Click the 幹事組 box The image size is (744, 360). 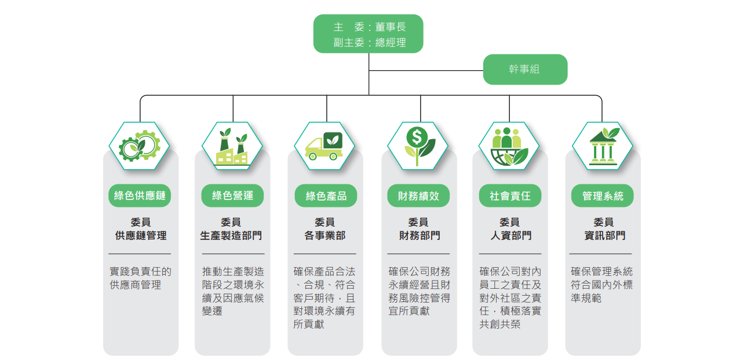(x=525, y=70)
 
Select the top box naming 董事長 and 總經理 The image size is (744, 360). (x=369, y=34)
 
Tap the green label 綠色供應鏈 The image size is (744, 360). (x=140, y=196)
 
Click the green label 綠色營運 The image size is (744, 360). (x=232, y=196)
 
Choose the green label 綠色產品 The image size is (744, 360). (x=326, y=196)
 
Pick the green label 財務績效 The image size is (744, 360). (x=418, y=196)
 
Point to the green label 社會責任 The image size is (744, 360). (x=510, y=196)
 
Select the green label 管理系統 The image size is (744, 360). (x=603, y=196)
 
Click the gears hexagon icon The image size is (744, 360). (x=140, y=146)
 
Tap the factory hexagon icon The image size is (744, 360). (x=232, y=146)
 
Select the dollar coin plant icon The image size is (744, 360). (x=418, y=146)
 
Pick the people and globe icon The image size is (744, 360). (x=509, y=146)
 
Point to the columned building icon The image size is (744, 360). (x=603, y=146)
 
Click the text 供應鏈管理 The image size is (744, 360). (x=141, y=236)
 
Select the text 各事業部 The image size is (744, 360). (x=325, y=236)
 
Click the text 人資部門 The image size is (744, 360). (x=510, y=236)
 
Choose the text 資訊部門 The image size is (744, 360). (x=604, y=236)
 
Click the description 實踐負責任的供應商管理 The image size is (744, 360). (x=140, y=278)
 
